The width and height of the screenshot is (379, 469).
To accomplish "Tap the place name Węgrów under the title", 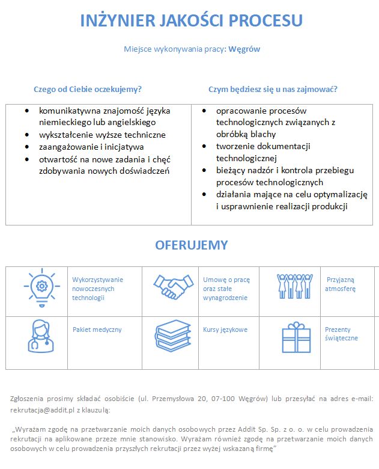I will point(244,49).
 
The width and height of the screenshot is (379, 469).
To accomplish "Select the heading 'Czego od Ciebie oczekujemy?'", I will point(88,89).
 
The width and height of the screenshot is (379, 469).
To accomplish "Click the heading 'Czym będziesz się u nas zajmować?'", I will point(273,89).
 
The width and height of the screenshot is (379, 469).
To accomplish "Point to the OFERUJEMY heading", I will point(192,245).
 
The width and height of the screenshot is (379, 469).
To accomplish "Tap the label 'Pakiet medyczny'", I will point(97,330).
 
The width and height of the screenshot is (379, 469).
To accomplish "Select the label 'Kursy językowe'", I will point(225,330).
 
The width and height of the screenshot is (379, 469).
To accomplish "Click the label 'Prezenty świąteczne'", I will point(341,334).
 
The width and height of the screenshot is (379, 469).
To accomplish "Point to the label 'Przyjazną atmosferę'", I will point(341,284).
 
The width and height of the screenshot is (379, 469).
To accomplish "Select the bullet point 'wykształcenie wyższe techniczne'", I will point(102,135).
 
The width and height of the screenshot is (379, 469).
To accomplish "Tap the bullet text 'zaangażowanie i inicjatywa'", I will point(91,146).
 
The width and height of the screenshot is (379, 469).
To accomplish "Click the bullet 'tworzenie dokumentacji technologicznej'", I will point(263,152).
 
